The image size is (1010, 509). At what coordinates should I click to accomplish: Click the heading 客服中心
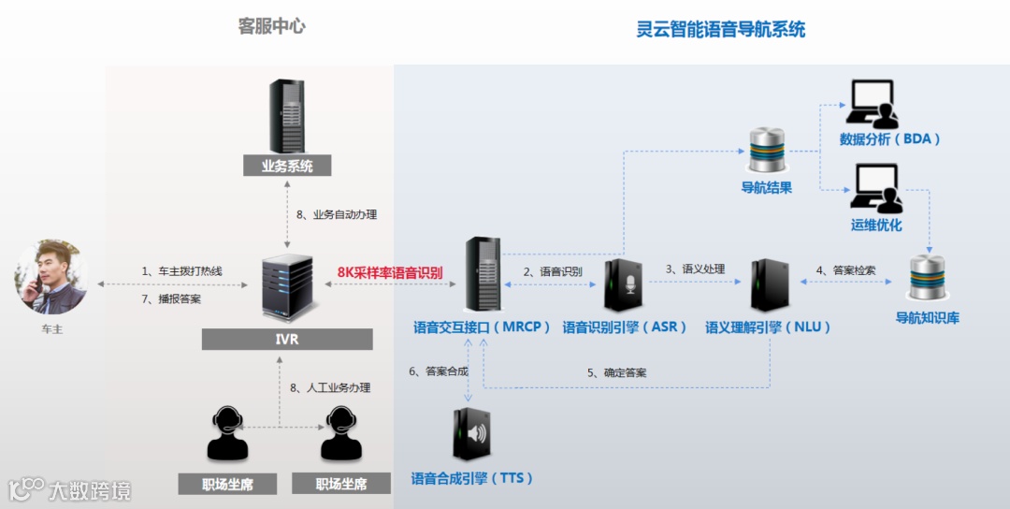[271, 26]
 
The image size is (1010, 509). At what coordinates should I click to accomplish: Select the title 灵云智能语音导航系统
[720, 29]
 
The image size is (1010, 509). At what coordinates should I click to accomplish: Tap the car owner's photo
[50, 276]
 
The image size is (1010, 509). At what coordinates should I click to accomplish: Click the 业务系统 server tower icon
[287, 116]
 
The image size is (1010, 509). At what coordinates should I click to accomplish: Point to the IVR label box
[287, 339]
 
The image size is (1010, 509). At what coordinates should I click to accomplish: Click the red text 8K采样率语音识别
[390, 273]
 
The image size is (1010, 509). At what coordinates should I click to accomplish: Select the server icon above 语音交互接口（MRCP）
[483, 274]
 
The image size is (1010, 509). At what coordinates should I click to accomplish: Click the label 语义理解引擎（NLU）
[768, 327]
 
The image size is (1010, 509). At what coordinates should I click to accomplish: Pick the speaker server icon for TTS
[471, 434]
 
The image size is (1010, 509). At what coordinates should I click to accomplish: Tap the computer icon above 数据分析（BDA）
[871, 104]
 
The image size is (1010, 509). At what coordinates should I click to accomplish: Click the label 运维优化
[876, 225]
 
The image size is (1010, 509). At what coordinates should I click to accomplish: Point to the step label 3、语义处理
[695, 269]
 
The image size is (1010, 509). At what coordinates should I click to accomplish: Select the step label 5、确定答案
[616, 372]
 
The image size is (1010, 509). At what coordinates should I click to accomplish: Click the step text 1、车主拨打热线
[182, 271]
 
